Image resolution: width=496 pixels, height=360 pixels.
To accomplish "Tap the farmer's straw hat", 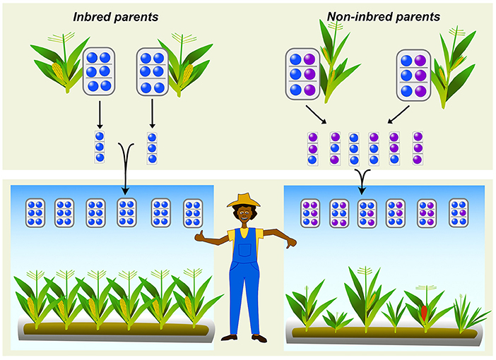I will click(x=243, y=200).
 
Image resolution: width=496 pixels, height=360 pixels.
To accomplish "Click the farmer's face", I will click(x=244, y=212).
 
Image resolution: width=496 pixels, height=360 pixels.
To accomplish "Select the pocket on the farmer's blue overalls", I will click(x=244, y=250).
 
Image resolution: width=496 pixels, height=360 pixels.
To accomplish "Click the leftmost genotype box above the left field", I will click(x=36, y=212).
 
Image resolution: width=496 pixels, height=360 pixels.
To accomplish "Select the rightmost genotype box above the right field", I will click(x=458, y=212).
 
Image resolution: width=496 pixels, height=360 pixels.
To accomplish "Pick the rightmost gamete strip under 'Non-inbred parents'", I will click(x=417, y=148).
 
